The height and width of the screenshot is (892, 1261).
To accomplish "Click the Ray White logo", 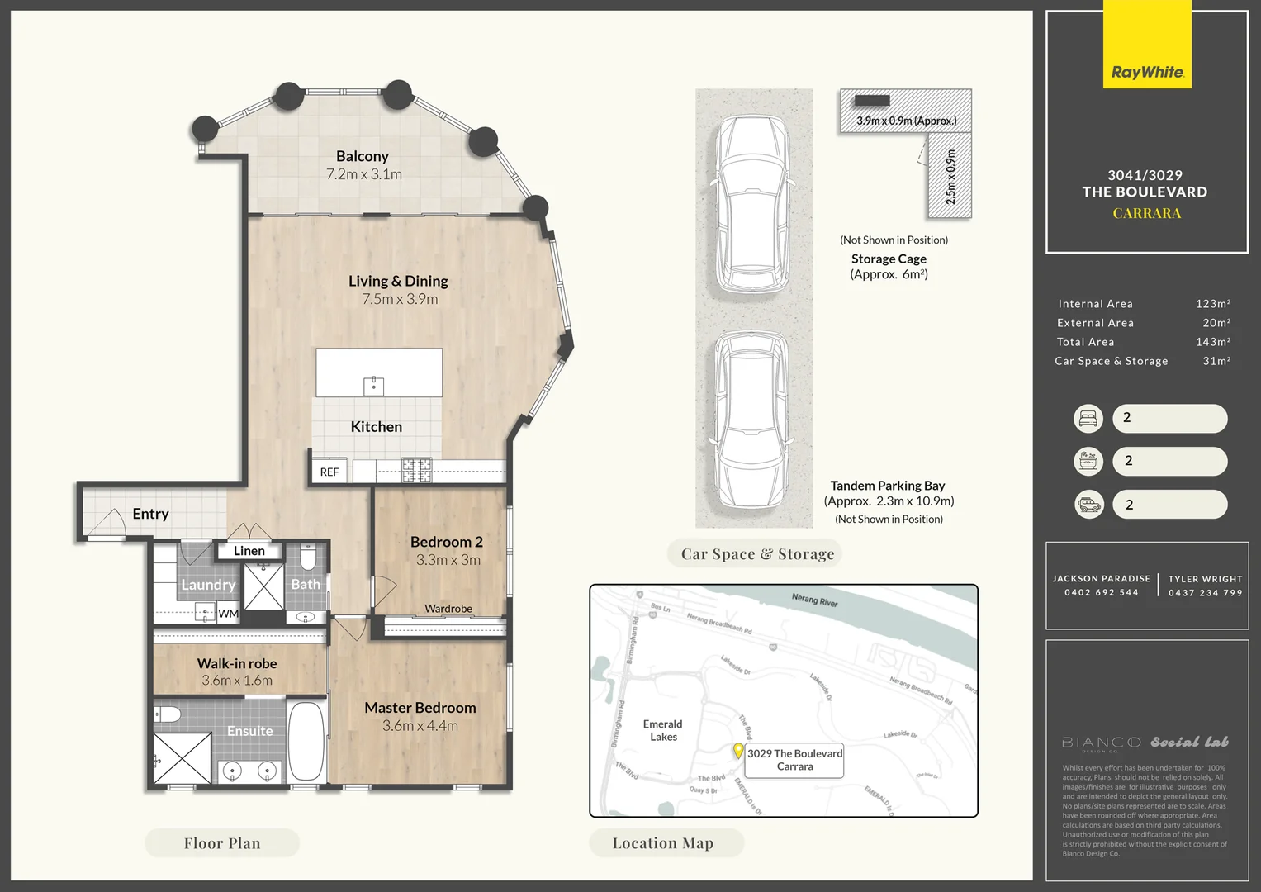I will pyautogui.click(x=1147, y=73).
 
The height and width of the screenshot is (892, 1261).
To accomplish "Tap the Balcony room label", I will pyautogui.click(x=362, y=156).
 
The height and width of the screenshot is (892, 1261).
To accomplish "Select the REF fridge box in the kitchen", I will pyautogui.click(x=329, y=472).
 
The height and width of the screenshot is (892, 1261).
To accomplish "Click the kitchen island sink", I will pyautogui.click(x=373, y=386).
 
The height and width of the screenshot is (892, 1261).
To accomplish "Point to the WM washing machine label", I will pyautogui.click(x=228, y=614).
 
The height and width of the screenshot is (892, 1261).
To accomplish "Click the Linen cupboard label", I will pyautogui.click(x=249, y=551).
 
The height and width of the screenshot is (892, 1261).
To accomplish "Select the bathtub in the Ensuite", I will pyautogui.click(x=306, y=743).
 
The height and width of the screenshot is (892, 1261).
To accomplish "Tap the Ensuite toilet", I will pyautogui.click(x=168, y=714).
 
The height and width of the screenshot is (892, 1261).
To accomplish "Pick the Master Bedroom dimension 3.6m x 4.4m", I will pyautogui.click(x=420, y=726).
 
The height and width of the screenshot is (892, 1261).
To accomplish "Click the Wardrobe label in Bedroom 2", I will pyautogui.click(x=448, y=609).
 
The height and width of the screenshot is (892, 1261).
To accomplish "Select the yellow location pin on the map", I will pyautogui.click(x=738, y=751).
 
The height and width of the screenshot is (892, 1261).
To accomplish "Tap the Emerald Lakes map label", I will pyautogui.click(x=663, y=730).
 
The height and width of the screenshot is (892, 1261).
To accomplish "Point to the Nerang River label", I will pyautogui.click(x=814, y=600).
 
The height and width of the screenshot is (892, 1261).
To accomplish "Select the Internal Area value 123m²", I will pyautogui.click(x=1212, y=304).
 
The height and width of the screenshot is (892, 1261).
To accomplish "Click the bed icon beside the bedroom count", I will pyautogui.click(x=1088, y=419).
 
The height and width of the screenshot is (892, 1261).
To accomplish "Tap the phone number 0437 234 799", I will pyautogui.click(x=1205, y=592).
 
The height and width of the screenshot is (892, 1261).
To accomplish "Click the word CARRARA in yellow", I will pyautogui.click(x=1146, y=213).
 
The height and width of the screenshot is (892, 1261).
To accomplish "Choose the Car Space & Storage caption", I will pyautogui.click(x=757, y=554).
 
